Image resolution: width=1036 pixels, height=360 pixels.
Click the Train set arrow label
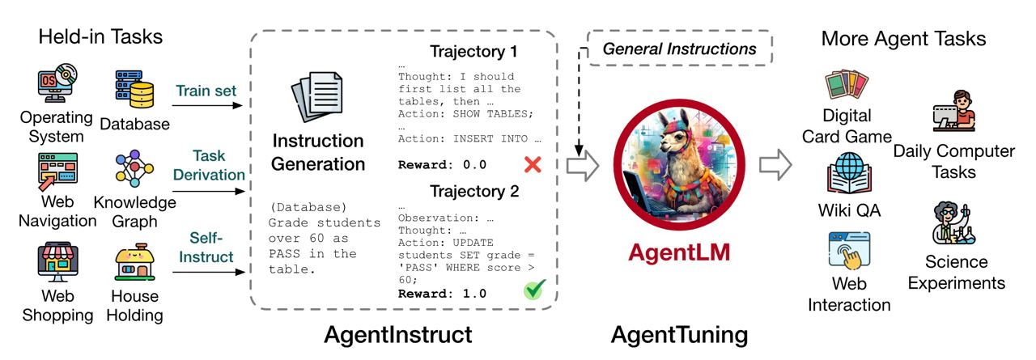207,91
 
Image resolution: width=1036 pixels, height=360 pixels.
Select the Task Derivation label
207,164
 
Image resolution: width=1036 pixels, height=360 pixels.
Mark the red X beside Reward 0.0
532,165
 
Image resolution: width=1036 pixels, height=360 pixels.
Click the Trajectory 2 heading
473,193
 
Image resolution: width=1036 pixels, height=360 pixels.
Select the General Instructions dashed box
679,49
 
